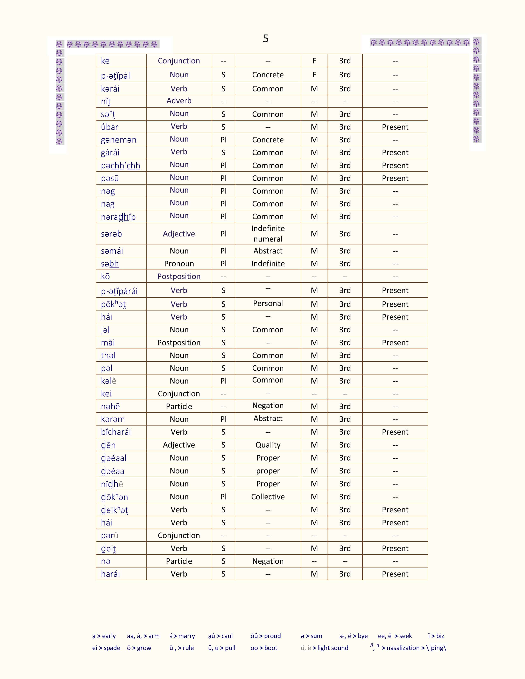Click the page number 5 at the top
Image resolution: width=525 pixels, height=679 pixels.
coord(265,38)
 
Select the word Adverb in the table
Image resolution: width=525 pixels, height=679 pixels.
coord(179,101)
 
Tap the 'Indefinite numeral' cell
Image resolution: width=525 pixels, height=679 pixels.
coord(268,234)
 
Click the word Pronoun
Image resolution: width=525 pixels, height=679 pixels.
coord(179,264)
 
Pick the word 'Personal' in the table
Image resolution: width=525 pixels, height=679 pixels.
coord(268,303)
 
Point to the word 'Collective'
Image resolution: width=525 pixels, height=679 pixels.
coord(268,497)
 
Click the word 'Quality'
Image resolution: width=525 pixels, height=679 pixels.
coord(268,445)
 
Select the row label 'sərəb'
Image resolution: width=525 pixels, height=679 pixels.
coord(111,234)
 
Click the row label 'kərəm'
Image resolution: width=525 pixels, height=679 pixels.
coord(113,419)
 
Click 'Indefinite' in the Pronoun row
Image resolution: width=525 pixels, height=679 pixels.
coord(268,264)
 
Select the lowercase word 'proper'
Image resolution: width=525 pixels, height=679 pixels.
coord(268,471)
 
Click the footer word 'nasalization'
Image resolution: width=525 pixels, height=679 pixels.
coord(403,648)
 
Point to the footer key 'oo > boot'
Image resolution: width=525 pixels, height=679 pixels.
coord(264,648)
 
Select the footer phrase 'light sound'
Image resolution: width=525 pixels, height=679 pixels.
coord(332,648)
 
